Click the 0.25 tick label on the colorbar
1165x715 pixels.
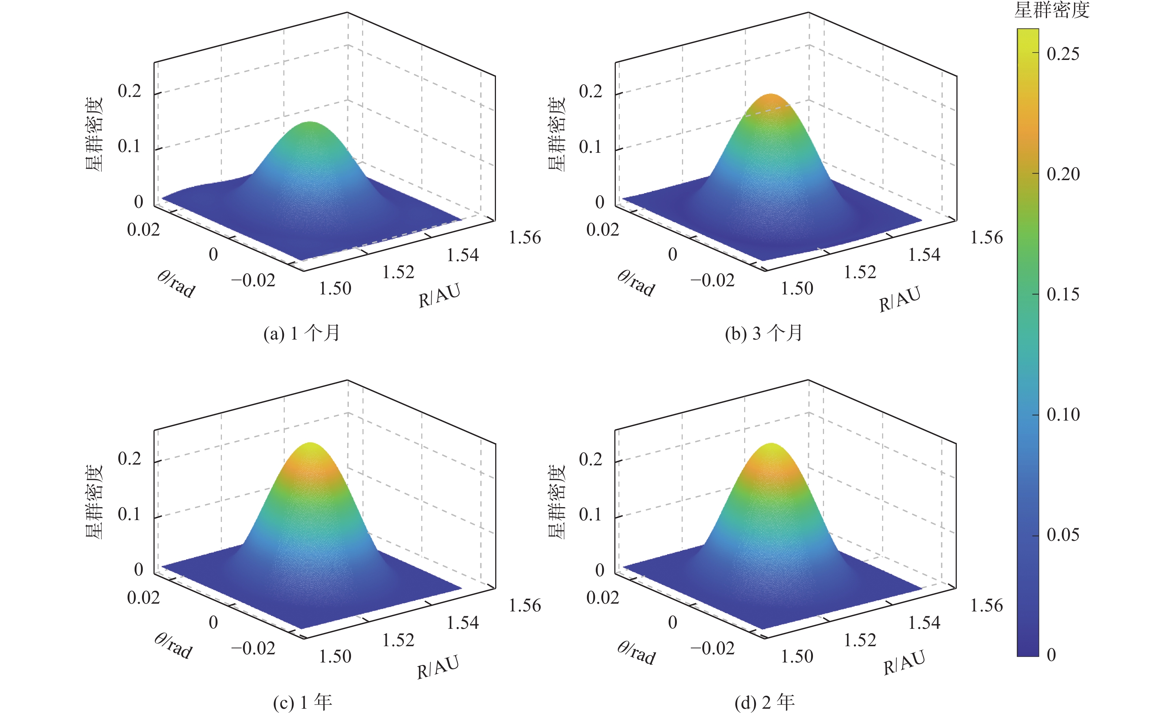click(1063, 54)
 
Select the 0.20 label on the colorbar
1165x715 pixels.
click(1063, 174)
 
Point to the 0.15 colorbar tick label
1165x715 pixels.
click(1063, 294)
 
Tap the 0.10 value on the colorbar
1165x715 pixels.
click(1063, 415)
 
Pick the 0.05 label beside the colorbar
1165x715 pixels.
click(1063, 535)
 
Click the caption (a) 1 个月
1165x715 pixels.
click(302, 333)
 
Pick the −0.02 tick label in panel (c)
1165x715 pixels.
click(253, 648)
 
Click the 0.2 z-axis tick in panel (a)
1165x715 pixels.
click(129, 91)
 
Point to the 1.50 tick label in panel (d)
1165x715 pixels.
click(797, 656)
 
